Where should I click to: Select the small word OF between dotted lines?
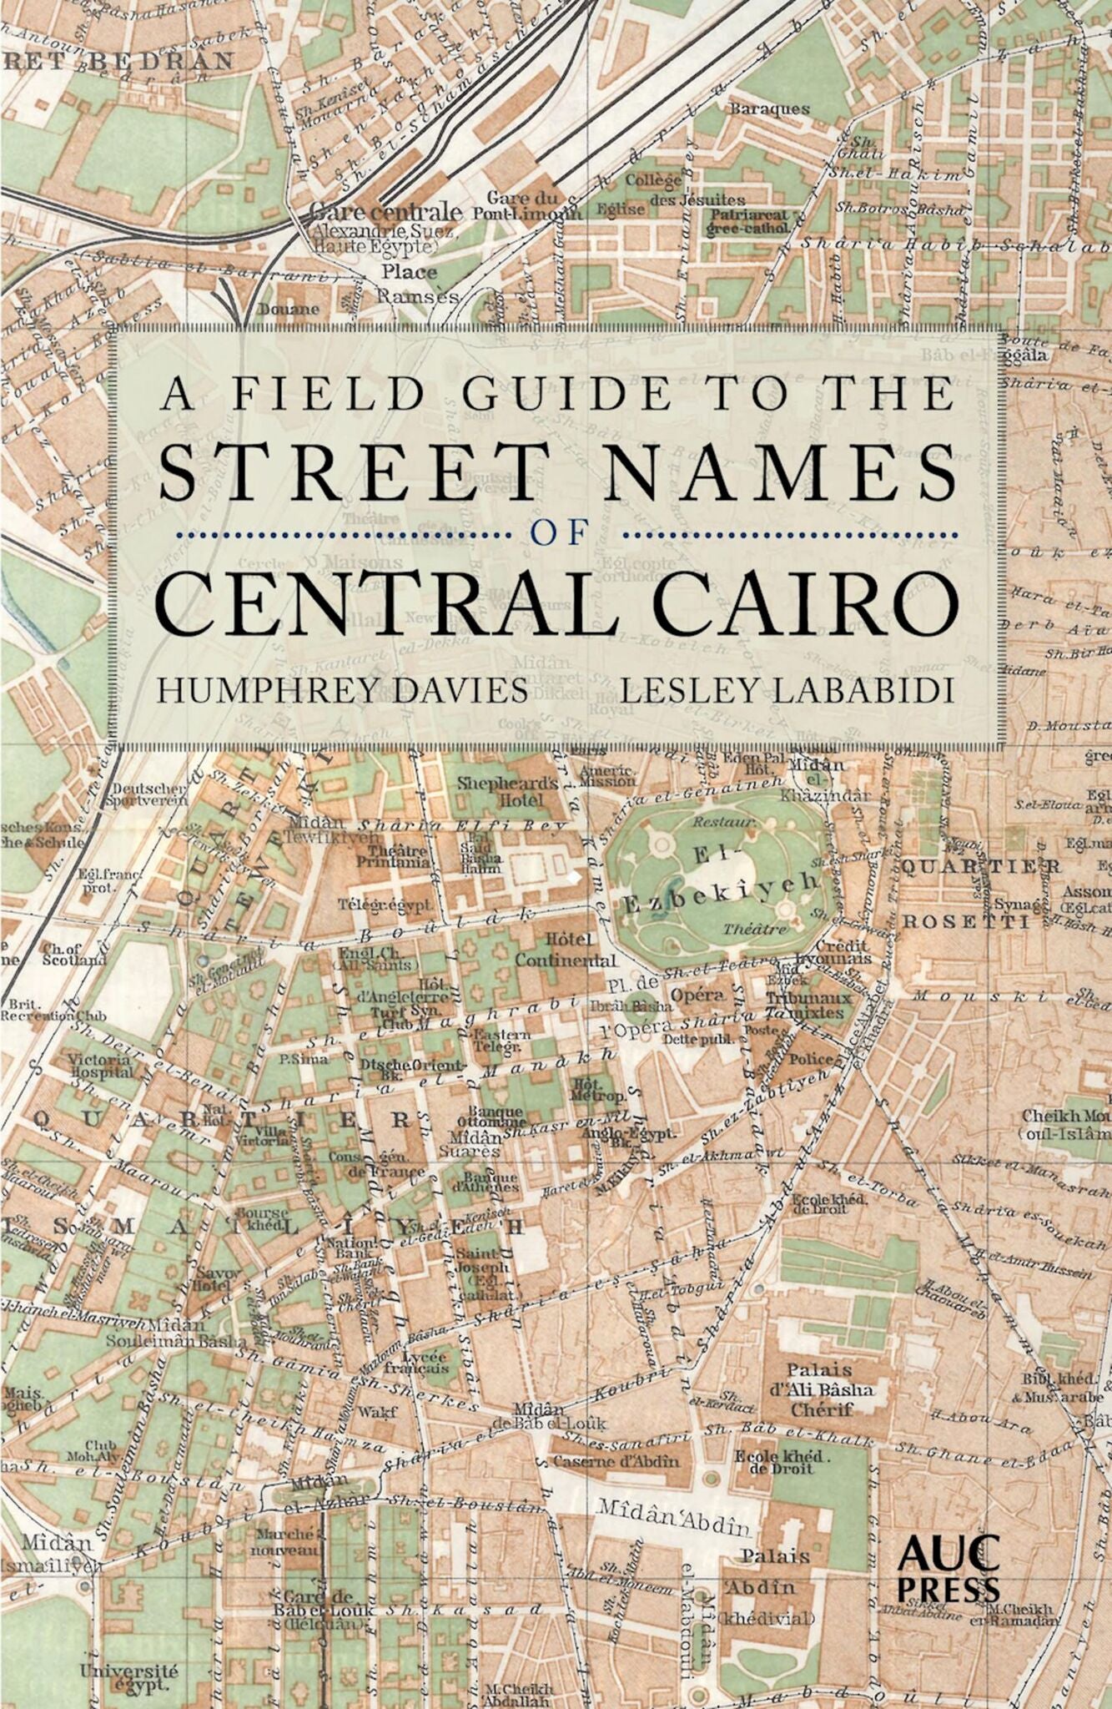(565, 534)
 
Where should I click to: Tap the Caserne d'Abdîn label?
(616, 1461)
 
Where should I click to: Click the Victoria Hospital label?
(102, 1065)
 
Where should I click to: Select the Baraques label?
(769, 108)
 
